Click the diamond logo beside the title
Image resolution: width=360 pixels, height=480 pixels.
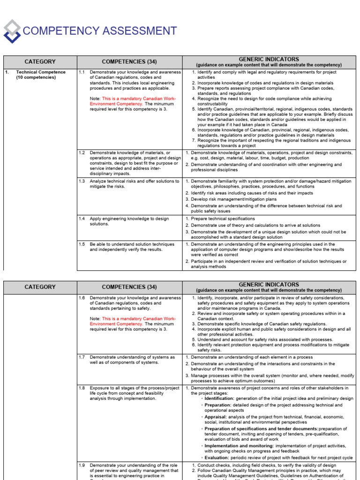[x=12, y=31]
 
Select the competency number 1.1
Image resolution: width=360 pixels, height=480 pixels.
[x=82, y=72]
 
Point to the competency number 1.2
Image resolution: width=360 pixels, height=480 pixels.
[x=82, y=153]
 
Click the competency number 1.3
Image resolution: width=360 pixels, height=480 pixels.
[x=82, y=181]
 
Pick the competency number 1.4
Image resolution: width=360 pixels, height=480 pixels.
[x=82, y=218]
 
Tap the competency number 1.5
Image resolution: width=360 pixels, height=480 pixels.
[x=82, y=244]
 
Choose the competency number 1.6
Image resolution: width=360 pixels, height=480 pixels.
[x=82, y=298]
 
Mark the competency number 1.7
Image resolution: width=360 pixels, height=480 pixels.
[x=82, y=357]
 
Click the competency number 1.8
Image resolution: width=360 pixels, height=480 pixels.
[x=82, y=388]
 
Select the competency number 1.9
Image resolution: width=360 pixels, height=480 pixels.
[x=82, y=465]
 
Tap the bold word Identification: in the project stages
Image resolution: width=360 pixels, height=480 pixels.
[x=221, y=398]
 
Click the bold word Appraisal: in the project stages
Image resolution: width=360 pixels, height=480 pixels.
[x=216, y=416]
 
